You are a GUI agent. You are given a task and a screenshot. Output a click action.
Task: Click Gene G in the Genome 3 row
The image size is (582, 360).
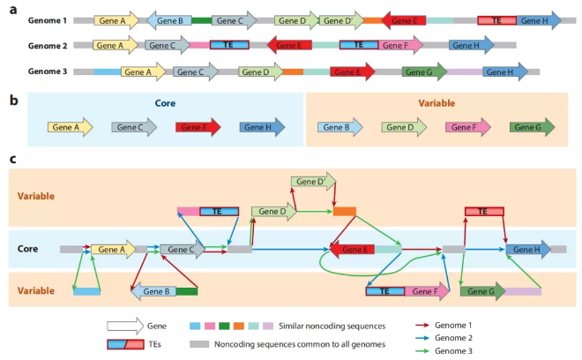pyautogui.click(x=424, y=72)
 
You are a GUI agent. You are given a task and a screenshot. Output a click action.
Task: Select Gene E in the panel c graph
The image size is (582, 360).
pyautogui.click(x=352, y=250)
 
